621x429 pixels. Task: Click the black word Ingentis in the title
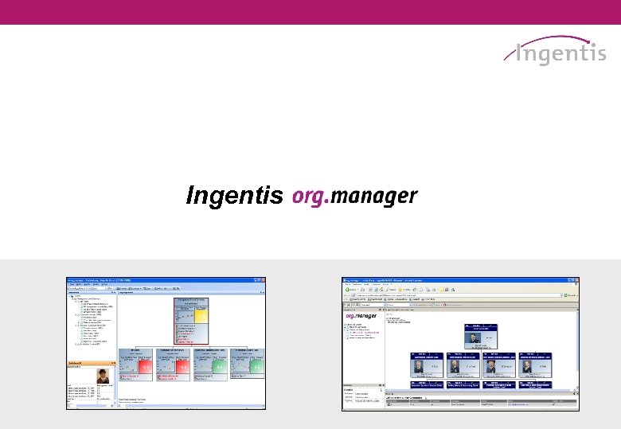click(x=235, y=196)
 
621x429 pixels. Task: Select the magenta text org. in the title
click(x=310, y=196)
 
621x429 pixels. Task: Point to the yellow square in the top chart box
click(x=201, y=316)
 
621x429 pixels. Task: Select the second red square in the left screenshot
click(x=184, y=365)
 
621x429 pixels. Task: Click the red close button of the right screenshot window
click(x=576, y=281)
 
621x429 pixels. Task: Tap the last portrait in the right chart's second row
click(x=526, y=368)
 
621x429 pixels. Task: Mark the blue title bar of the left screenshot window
click(x=159, y=281)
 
